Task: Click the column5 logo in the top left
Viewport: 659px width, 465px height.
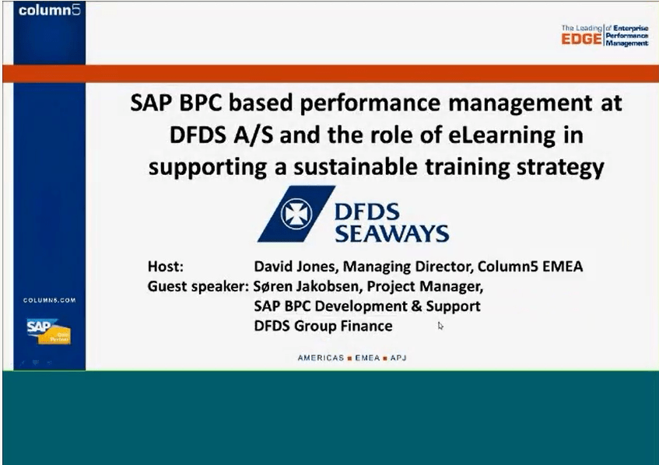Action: pyautogui.click(x=49, y=12)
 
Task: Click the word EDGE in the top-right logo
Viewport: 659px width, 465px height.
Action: pyautogui.click(x=581, y=39)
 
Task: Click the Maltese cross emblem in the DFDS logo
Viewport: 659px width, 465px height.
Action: pyautogui.click(x=296, y=213)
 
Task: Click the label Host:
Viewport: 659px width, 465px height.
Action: pyautogui.click(x=166, y=267)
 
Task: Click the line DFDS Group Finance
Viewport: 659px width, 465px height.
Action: pyautogui.click(x=323, y=326)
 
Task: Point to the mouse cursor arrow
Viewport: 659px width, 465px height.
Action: pyautogui.click(x=440, y=326)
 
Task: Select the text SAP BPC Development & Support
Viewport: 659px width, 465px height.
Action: pyautogui.click(x=366, y=306)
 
